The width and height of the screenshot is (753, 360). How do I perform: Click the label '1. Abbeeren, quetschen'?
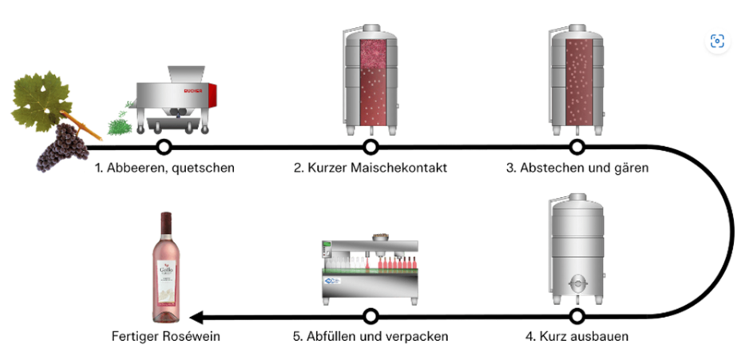pos(164,168)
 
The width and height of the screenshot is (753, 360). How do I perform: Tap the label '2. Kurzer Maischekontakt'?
pos(369,168)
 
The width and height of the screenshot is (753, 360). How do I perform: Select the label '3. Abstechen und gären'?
pos(576,168)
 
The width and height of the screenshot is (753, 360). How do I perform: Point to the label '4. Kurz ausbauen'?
pos(577,336)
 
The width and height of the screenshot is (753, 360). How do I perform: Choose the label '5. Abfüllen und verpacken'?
pos(370,336)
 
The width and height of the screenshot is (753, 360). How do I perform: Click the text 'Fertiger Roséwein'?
pos(165,336)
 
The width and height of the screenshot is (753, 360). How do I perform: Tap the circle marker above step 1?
pos(164,147)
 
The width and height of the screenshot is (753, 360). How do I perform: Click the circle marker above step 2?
pos(370,147)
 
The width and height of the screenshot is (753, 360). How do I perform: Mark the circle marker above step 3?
pos(577,147)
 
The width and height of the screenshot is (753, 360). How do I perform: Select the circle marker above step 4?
pos(577,315)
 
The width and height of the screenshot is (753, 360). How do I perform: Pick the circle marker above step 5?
pos(370,315)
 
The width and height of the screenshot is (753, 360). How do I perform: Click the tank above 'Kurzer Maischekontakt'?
pos(370,80)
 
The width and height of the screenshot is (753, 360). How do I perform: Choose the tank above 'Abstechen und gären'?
pos(577,80)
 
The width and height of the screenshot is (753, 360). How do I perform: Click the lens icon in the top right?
pos(716,42)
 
